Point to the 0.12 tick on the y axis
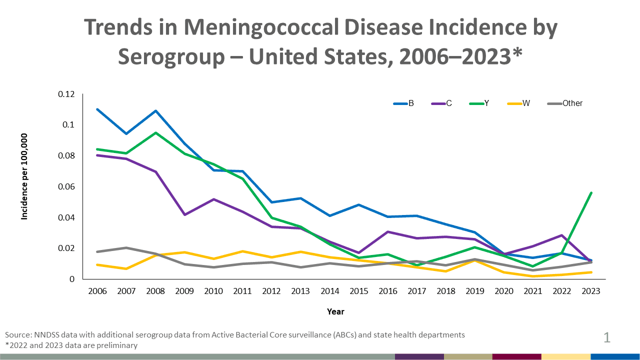(66, 94)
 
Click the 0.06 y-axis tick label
(66, 186)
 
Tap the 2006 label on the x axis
(97, 291)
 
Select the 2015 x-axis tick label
(358, 291)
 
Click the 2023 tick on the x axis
(591, 291)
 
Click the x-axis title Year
(335, 311)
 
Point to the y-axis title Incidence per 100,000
(24, 176)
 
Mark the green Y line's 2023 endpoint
(591, 192)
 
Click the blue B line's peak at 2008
(155, 111)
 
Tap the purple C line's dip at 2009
(184, 214)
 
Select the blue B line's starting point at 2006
(97, 109)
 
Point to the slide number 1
(607, 338)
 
